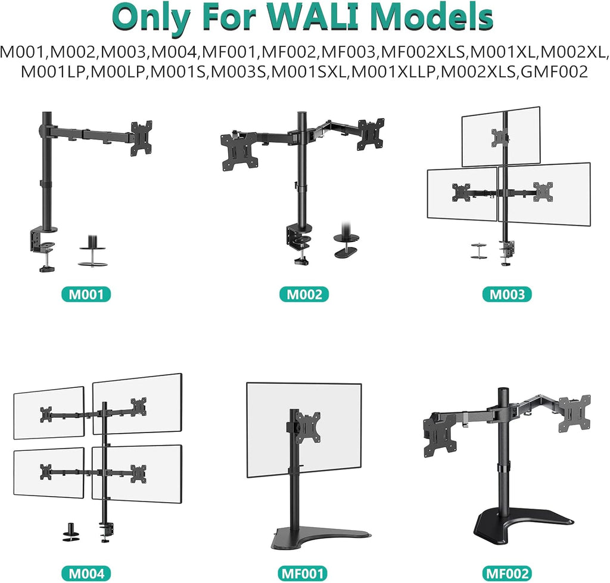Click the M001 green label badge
(x=86, y=294)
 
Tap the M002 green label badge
(x=304, y=294)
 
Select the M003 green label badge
(x=507, y=294)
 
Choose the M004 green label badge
(x=86, y=573)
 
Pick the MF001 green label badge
(x=304, y=573)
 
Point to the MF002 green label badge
(x=507, y=573)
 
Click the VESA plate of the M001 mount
(x=142, y=137)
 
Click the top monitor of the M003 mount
(x=501, y=136)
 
